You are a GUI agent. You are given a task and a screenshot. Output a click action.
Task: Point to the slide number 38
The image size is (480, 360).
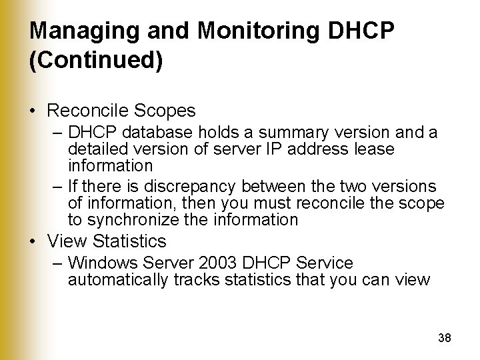(x=445, y=338)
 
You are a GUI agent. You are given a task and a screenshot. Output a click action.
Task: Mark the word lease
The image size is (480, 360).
(x=375, y=149)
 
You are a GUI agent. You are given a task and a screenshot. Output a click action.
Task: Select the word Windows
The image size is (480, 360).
(x=95, y=263)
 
